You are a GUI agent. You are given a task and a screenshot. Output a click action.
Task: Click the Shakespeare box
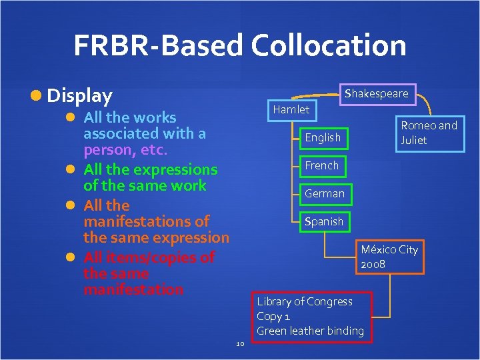(x=376, y=93)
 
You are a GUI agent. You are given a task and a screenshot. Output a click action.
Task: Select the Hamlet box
(x=291, y=109)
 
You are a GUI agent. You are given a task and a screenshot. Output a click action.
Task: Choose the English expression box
(x=323, y=137)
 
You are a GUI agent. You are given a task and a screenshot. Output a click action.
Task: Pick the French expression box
(x=322, y=165)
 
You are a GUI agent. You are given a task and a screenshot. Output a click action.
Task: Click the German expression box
(x=325, y=193)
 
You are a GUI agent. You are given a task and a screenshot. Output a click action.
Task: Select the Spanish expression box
(x=324, y=221)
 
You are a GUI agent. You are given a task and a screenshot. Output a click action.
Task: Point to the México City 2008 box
(x=389, y=257)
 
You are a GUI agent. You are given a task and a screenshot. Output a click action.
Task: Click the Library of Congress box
(x=310, y=316)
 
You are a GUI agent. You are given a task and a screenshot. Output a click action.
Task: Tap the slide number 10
(x=241, y=343)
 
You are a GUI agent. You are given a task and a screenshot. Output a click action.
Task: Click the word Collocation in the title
(x=329, y=45)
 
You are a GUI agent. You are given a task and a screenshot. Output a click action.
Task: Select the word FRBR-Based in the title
(x=158, y=45)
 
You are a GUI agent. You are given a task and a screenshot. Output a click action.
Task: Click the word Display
(x=79, y=96)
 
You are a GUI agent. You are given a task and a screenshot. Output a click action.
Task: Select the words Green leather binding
(x=310, y=331)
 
